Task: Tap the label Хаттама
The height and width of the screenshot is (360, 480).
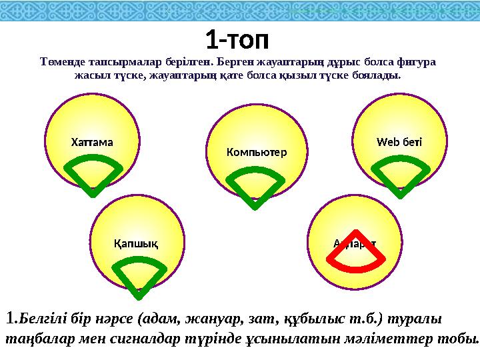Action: click(x=92, y=142)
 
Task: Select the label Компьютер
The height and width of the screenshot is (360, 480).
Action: click(x=257, y=152)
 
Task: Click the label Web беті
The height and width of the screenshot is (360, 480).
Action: click(x=399, y=142)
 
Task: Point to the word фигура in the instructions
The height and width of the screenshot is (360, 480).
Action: click(x=416, y=63)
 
